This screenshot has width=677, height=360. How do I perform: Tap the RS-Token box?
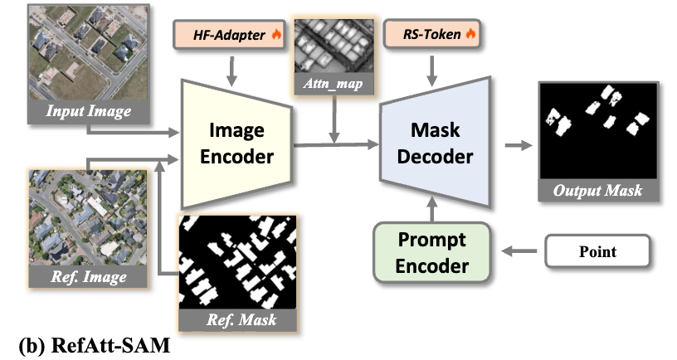coord(431,36)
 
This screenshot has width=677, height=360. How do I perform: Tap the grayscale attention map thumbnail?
coord(333,45)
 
